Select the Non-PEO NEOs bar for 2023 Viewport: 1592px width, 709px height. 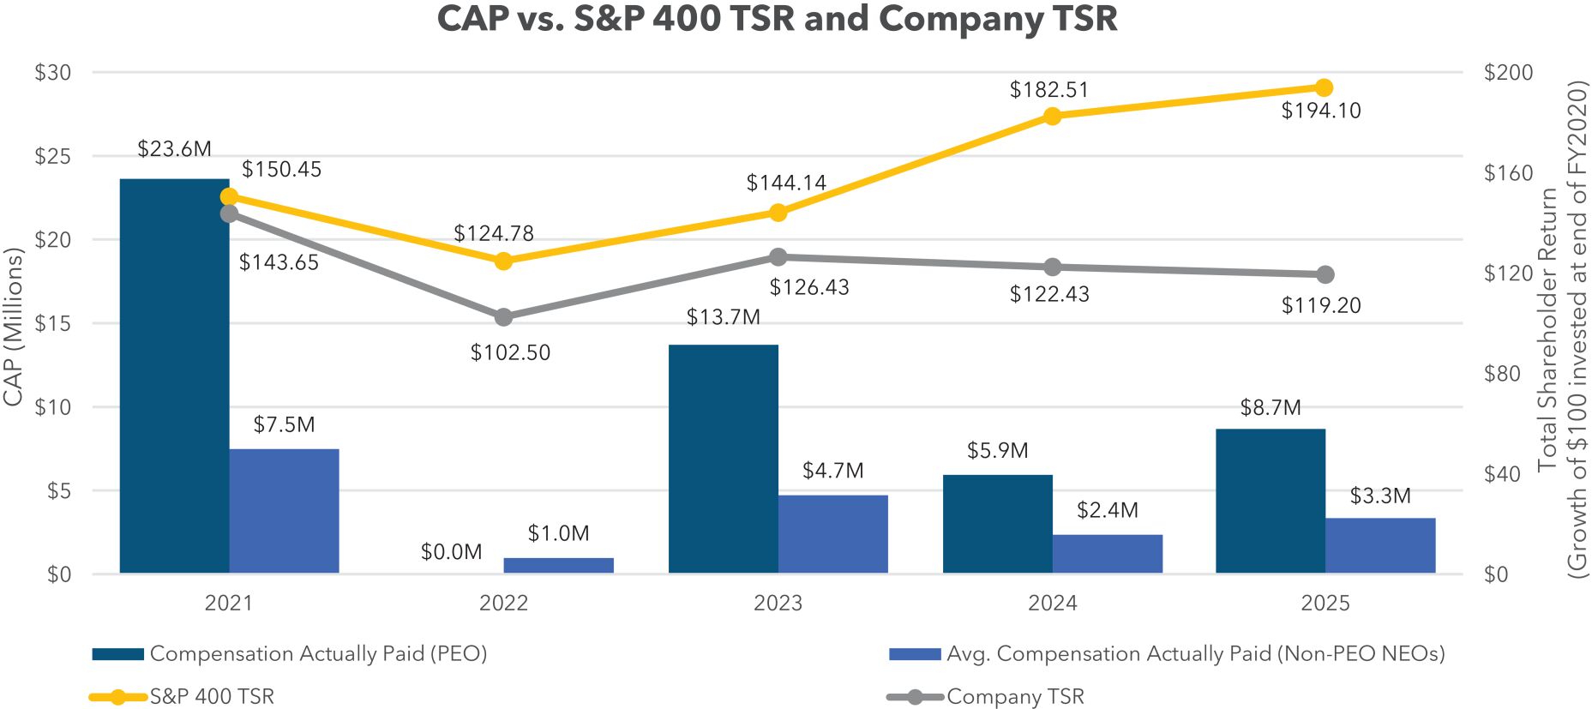pyautogui.click(x=832, y=534)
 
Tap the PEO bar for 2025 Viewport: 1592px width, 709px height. pyautogui.click(x=1270, y=501)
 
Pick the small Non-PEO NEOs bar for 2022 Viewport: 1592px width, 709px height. pyautogui.click(x=558, y=565)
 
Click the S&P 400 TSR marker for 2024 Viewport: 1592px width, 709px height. pyautogui.click(x=1053, y=117)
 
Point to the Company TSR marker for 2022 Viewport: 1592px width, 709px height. pyautogui.click(x=504, y=317)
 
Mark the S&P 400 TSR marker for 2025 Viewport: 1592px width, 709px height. pyautogui.click(x=1324, y=87)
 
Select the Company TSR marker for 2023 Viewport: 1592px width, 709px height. pyautogui.click(x=778, y=257)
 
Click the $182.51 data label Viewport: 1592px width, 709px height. pyautogui.click(x=1048, y=90)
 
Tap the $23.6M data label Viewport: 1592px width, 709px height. pyautogui.click(x=174, y=149)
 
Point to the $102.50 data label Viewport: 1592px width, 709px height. pyautogui.click(x=510, y=352)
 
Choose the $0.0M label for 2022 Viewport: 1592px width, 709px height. pyautogui.click(x=451, y=552)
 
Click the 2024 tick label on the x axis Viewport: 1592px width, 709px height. pyautogui.click(x=1052, y=604)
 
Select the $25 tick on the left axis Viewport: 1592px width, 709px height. pyautogui.click(x=52, y=157)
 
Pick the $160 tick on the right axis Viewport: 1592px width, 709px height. pyautogui.click(x=1508, y=173)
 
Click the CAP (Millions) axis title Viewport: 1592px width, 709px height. pyautogui.click(x=13, y=327)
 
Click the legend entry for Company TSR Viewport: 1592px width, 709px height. pyautogui.click(x=1014, y=697)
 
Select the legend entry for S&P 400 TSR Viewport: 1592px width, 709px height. pyautogui.click(x=211, y=697)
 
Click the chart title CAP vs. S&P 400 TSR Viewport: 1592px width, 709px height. pyautogui.click(x=777, y=19)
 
